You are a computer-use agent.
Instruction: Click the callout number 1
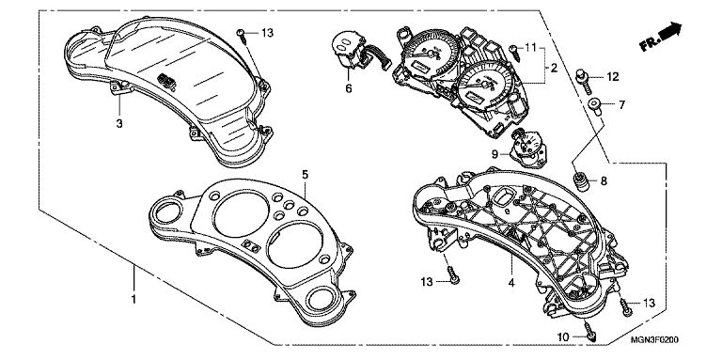[x=133, y=299]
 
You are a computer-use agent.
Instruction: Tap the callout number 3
[x=119, y=123]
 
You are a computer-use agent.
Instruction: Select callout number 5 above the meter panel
[x=306, y=175]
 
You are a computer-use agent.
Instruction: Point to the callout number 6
[x=349, y=88]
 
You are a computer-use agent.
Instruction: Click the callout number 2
[x=554, y=68]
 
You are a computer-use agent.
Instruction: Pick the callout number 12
[x=612, y=77]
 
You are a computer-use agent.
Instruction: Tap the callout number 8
[x=604, y=180]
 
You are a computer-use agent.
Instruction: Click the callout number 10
[x=563, y=337]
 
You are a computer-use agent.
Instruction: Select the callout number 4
[x=511, y=283]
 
